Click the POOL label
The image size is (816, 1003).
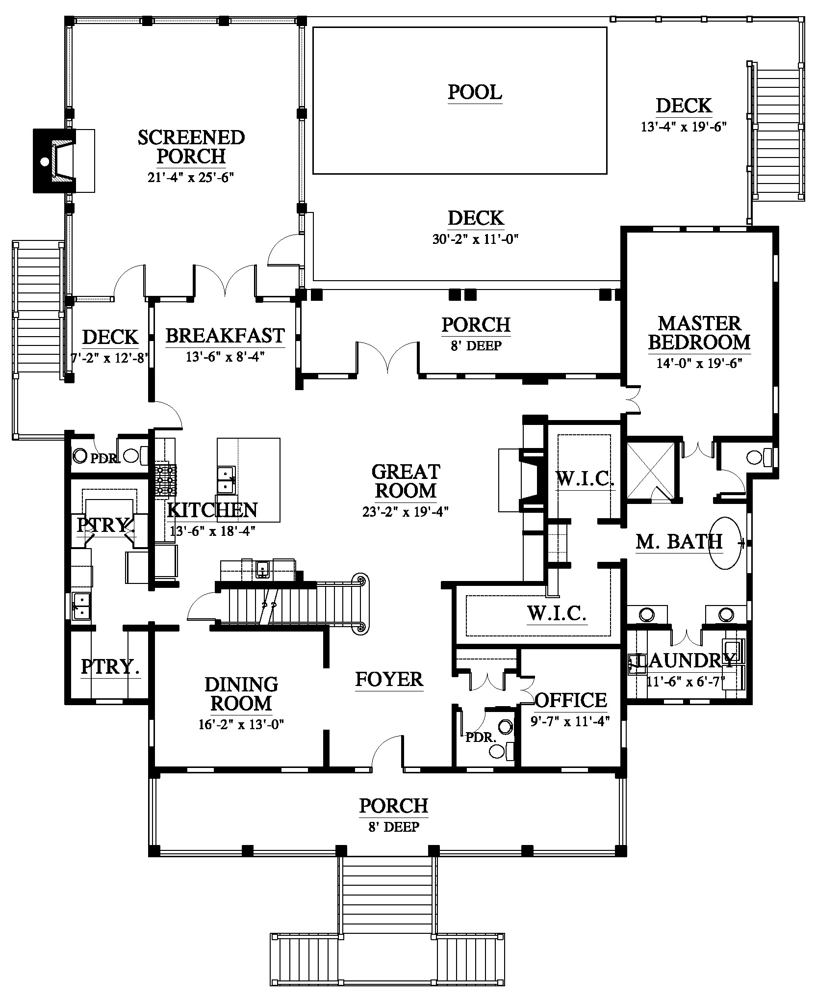475,92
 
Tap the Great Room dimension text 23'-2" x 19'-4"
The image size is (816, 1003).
406,512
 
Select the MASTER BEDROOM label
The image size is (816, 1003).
699,333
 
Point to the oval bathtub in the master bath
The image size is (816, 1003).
725,543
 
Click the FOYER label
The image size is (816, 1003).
389,680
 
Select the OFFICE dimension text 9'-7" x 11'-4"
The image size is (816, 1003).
570,721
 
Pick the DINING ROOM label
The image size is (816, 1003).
241,694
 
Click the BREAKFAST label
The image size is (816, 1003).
225,336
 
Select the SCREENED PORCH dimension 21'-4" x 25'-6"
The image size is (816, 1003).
191,177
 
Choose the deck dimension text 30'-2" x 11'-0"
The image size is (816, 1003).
476,239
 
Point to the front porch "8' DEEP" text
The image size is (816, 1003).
394,827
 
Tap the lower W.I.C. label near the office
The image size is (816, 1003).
557,613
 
